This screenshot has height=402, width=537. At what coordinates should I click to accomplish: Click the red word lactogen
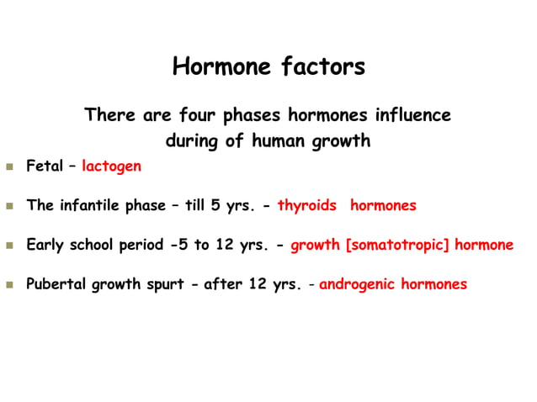tap(112, 167)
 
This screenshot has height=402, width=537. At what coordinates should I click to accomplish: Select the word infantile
tap(92, 205)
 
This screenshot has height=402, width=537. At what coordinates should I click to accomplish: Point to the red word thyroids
tap(307, 205)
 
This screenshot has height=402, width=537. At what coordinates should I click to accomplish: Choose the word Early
tap(45, 246)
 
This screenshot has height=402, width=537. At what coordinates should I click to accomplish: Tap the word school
tap(94, 246)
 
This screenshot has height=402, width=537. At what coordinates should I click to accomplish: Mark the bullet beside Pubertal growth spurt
tap(10, 285)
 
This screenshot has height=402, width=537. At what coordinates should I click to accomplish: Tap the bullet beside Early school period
tap(10, 246)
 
